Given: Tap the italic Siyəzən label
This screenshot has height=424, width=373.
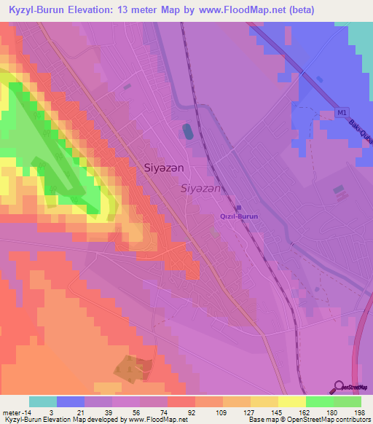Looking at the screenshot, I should pos(200,188).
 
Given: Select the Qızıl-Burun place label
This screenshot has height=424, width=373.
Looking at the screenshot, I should pos(239,216).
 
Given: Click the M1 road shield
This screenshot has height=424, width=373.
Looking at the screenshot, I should pos(342,113).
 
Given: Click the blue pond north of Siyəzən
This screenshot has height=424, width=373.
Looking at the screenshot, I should pos(188,132).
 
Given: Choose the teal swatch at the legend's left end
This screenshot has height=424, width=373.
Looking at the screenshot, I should pos(42,401).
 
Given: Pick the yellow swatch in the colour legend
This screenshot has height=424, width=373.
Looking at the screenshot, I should pos(291,401).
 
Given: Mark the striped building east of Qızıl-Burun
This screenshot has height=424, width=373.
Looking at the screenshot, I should pos(339,190).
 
